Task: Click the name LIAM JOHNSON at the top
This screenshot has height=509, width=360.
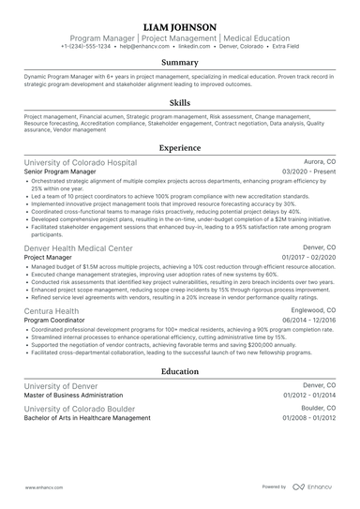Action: click(180, 26)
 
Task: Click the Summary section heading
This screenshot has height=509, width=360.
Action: click(180, 62)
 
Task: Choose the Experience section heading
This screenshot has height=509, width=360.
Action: click(180, 148)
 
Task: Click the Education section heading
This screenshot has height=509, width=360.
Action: click(180, 371)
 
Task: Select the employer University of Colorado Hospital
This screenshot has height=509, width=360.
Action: click(80, 162)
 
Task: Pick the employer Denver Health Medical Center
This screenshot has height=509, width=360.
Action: click(78, 248)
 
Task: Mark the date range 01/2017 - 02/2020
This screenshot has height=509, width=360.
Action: click(308, 258)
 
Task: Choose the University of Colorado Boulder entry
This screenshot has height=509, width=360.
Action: click(79, 410)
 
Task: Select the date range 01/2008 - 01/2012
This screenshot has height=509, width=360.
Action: click(308, 419)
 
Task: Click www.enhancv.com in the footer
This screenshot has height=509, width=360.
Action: click(44, 487)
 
